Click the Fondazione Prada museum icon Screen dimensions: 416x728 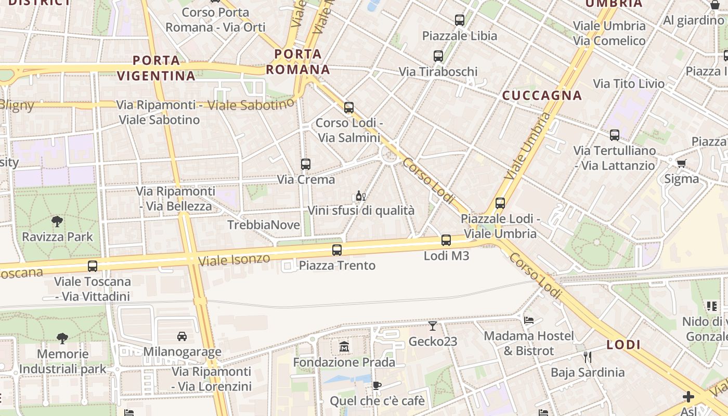pos(344,346)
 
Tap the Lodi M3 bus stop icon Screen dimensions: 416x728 pos(446,240)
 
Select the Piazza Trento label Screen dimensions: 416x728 pos(337,266)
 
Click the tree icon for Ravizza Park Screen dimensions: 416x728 pos(58,222)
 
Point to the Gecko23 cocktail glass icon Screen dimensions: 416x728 pos(433,326)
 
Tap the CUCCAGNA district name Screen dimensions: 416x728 pos(542,96)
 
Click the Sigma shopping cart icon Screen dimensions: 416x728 pos(681,163)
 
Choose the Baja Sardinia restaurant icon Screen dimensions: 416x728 pos(588,357)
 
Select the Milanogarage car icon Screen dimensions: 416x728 pos(182,336)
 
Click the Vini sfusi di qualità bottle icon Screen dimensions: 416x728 pos(360,196)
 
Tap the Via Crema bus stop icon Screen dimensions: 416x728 pos(306,164)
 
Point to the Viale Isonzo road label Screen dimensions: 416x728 pos(235,259)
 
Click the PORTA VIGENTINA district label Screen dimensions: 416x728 pos(156,68)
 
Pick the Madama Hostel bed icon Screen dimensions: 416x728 pos(529,320)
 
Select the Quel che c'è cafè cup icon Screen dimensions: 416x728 pos(377,386)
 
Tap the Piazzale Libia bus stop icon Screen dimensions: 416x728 pos(460,20)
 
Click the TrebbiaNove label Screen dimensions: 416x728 pos(264,225)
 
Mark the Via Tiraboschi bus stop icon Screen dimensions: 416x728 pos(438,56)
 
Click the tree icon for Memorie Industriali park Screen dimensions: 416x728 pos(62,339)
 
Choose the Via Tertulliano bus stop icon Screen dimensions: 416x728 pos(615,135)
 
